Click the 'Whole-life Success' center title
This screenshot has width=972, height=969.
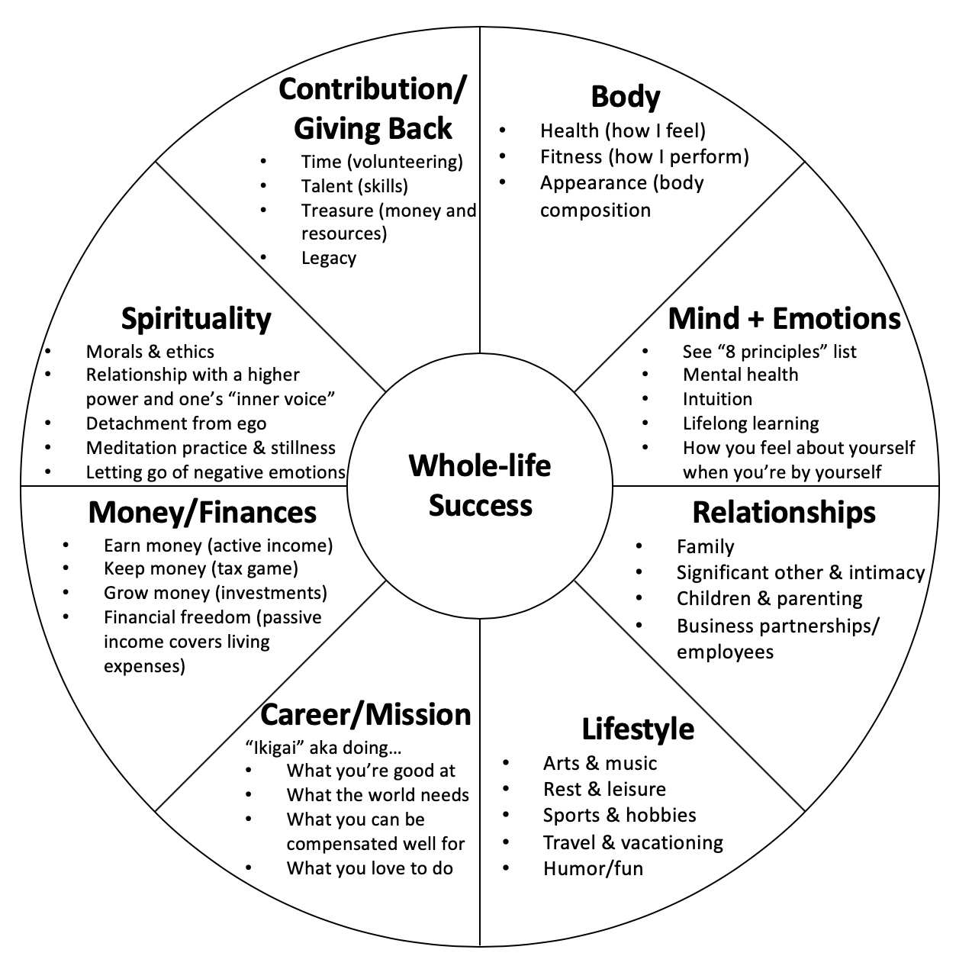(x=480, y=485)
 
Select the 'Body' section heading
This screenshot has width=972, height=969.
(x=625, y=97)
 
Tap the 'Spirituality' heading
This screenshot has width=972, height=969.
(x=196, y=319)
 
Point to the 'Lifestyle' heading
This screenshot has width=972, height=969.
(x=638, y=729)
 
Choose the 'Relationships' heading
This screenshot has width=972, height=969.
(x=784, y=512)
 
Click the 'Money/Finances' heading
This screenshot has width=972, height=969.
(x=202, y=512)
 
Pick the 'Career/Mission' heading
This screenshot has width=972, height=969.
(x=365, y=714)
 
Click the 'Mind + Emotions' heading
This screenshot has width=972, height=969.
(x=784, y=318)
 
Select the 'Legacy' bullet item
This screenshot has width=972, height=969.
(x=328, y=258)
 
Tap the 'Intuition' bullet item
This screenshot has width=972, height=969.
(x=717, y=399)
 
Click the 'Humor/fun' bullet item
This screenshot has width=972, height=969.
(x=593, y=868)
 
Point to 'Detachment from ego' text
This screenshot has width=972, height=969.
(x=176, y=423)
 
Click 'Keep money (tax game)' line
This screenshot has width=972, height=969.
(x=201, y=568)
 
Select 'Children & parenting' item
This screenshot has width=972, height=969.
(x=769, y=598)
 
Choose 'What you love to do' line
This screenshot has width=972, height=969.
(x=369, y=868)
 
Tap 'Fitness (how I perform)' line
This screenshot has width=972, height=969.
(x=644, y=157)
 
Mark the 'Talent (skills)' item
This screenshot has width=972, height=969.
(x=354, y=186)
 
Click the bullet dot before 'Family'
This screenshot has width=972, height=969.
(x=638, y=546)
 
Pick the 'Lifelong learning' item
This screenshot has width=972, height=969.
(x=751, y=423)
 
